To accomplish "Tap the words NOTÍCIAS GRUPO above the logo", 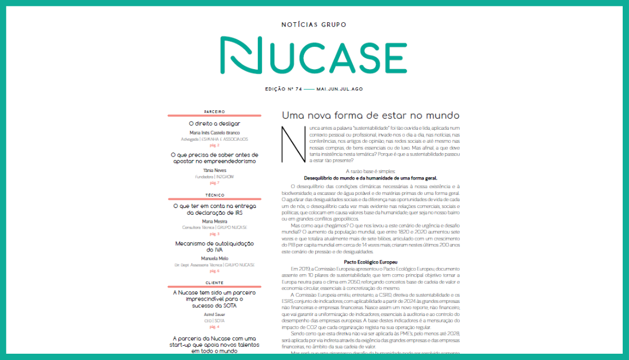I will (x=314, y=25).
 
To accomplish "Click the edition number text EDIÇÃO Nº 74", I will (x=284, y=89).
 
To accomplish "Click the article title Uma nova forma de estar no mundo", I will (x=371, y=115).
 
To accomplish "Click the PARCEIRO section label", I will (x=214, y=111).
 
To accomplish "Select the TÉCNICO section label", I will (x=214, y=195).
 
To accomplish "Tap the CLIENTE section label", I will (x=214, y=283).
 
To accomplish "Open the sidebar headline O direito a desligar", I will (x=214, y=123).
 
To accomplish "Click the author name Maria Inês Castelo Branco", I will (x=214, y=133).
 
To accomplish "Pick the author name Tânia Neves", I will (x=214, y=170).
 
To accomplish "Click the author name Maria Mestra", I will (x=214, y=221).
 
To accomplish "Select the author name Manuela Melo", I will (x=214, y=258).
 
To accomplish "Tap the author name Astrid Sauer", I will (x=214, y=314).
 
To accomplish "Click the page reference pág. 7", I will (x=214, y=183).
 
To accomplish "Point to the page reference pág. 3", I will (x=214, y=234).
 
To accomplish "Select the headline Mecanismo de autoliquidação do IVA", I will (x=214, y=247).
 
